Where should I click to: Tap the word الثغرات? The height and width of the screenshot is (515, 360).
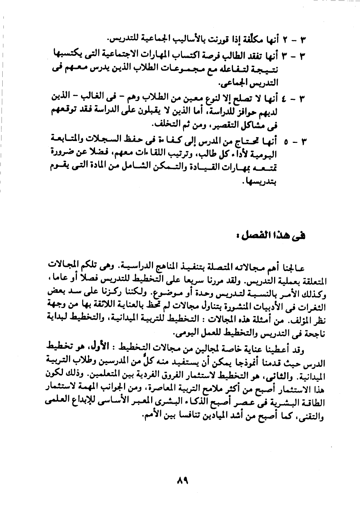(311, 303)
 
